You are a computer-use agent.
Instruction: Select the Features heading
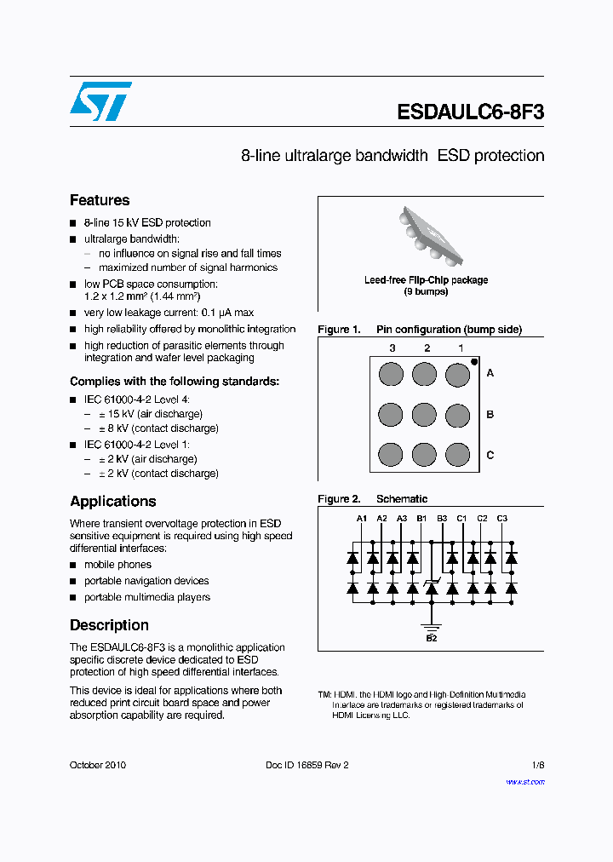coord(100,200)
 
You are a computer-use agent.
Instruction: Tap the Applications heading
coord(113,501)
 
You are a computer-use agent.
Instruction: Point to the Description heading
coord(109,624)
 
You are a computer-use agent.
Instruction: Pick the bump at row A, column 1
coord(458,373)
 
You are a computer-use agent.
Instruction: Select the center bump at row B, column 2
coord(424,414)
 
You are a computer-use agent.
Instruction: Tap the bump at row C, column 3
coord(390,455)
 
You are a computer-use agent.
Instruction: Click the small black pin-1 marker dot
coord(474,361)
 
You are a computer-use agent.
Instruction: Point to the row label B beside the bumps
coord(490,414)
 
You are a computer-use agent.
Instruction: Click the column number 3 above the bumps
coord(392,348)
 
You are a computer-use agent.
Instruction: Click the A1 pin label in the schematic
coord(362,518)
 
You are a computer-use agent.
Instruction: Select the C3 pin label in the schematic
coord(502,518)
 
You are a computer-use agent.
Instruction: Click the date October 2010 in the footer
coord(98,765)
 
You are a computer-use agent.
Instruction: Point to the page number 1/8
coord(537,765)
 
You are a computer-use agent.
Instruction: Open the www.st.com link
coord(525,781)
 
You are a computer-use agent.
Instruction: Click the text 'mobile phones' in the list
coord(117,565)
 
